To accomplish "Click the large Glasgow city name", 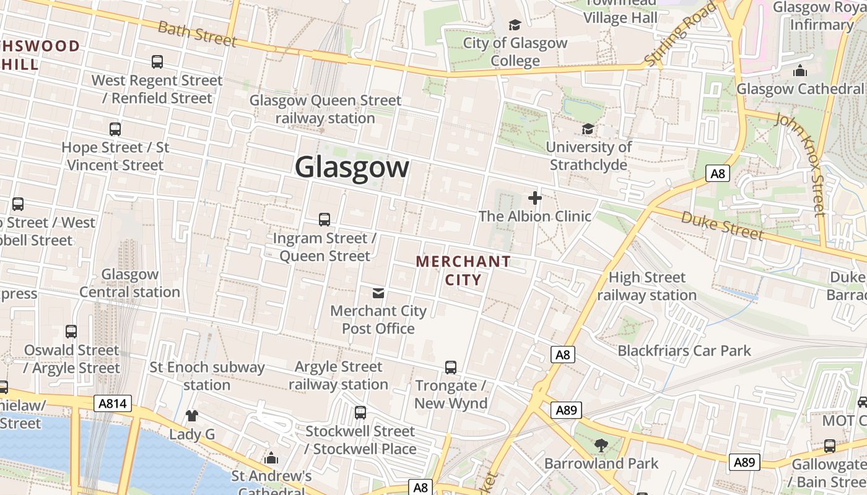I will tap(352, 167).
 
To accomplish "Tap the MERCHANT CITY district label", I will tap(463, 270).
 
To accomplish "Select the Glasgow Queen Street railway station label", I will tap(325, 109).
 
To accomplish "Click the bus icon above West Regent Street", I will tap(157, 62).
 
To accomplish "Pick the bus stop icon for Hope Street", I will tap(115, 129).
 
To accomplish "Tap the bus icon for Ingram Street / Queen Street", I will tap(325, 220).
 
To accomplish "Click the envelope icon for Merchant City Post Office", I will tap(378, 293).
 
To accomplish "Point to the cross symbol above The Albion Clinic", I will tap(535, 198).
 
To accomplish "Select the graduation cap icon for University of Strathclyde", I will tap(588, 129).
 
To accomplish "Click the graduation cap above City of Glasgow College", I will tap(515, 25).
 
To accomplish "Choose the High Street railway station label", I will tap(647, 286).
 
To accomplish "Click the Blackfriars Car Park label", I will tap(684, 351).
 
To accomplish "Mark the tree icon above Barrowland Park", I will tap(600, 445).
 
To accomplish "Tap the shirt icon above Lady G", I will tap(192, 416).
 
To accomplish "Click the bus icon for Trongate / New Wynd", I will tap(451, 368).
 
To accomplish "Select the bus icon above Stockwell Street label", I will tap(360, 413).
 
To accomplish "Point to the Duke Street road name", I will tap(722, 225).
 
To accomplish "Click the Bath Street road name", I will tap(198, 33).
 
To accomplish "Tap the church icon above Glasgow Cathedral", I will tap(800, 71).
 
